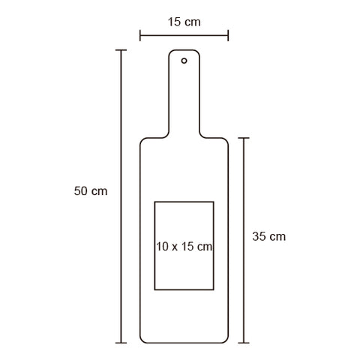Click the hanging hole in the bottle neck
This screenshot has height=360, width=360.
184,61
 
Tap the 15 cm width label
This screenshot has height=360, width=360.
184,22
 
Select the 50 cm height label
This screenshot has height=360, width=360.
91,191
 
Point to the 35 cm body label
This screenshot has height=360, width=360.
269,236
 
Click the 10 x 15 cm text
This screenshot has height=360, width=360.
184,247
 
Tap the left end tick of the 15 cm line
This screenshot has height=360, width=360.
140,35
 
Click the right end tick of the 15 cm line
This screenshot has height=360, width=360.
228,35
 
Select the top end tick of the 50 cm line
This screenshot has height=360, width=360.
121,50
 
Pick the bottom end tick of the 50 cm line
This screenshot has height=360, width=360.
121,343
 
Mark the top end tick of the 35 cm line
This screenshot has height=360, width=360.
244,138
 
